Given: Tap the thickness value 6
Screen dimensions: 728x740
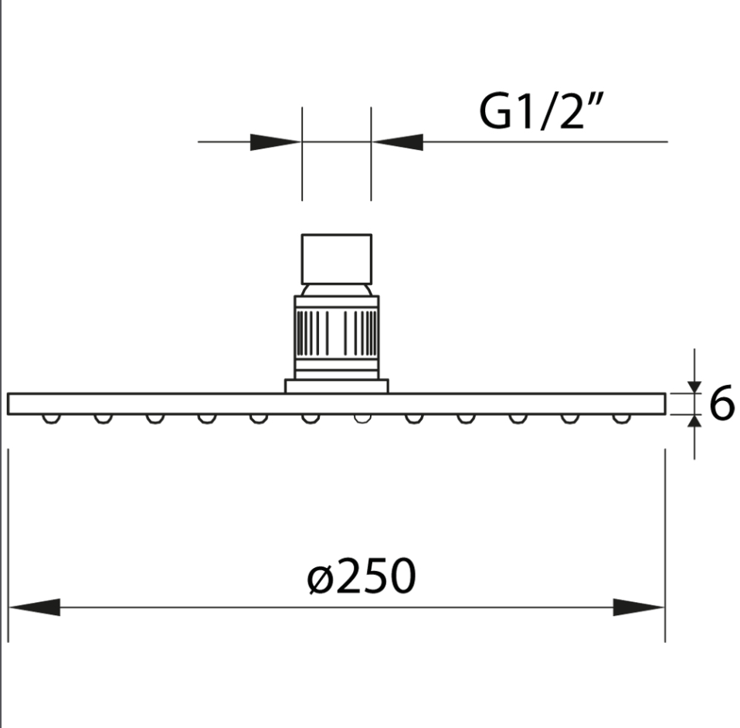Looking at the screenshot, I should tap(720, 404).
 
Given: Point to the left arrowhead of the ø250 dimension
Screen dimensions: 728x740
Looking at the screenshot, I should tap(35, 607).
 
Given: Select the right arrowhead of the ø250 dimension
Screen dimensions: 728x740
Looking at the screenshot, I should tap(638, 607).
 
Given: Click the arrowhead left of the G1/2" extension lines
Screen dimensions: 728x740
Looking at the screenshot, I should tap(275, 142).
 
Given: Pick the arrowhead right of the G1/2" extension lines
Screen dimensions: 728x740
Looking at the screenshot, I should tap(398, 142).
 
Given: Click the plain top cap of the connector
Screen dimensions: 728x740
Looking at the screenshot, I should tap(336, 259).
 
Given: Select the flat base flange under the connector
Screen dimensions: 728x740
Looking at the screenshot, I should tap(336, 386).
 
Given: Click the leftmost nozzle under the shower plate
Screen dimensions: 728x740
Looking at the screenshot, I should tap(52, 418).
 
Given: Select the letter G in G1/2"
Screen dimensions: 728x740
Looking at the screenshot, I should tap(494, 114).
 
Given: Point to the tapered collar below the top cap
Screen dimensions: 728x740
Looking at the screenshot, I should tap(336, 290).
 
